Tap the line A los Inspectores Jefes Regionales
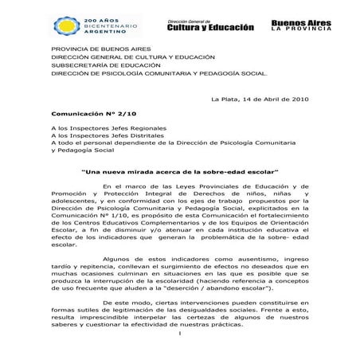coord(108,127)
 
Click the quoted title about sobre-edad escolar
coord(180,170)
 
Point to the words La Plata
coord(222,98)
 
